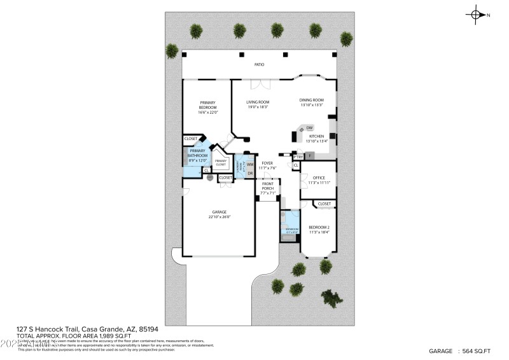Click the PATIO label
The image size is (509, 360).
(260, 65)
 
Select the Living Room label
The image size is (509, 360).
(258, 102)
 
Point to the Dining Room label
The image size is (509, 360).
(312, 100)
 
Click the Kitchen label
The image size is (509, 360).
(316, 136)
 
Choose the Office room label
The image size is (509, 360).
(319, 177)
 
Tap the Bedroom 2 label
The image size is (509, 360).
(319, 227)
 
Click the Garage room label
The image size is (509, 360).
(220, 212)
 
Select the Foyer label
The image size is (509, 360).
(267, 163)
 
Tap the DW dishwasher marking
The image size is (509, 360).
(309, 128)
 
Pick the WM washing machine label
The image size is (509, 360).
(250, 164)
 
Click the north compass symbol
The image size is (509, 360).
(477, 14)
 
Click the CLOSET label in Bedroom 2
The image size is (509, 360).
(324, 204)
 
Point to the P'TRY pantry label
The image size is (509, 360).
(298, 156)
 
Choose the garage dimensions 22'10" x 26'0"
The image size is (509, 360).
(220, 217)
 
